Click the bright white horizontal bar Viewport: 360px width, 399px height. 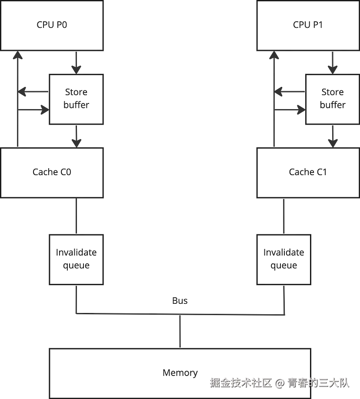pos(285,106)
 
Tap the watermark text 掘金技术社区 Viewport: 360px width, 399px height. pos(240,382)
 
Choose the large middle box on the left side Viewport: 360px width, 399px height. pos(52,173)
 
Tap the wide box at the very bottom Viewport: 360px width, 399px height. pos(179,372)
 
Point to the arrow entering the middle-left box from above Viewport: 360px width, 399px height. pos(77,137)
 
